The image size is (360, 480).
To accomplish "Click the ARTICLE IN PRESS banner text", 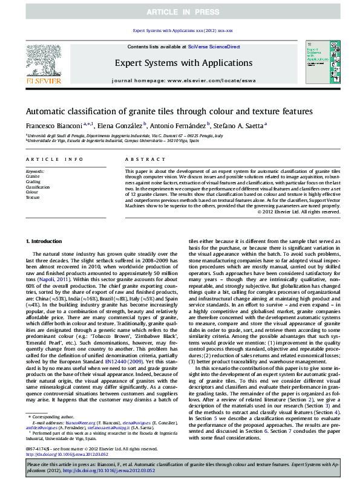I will [x=180, y=11].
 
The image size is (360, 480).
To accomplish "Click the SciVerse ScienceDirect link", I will [x=214, y=47].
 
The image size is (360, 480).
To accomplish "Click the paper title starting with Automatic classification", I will [x=169, y=112].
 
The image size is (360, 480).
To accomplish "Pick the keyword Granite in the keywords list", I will [x=33, y=177].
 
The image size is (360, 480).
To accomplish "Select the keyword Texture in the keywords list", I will [x=33, y=198].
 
